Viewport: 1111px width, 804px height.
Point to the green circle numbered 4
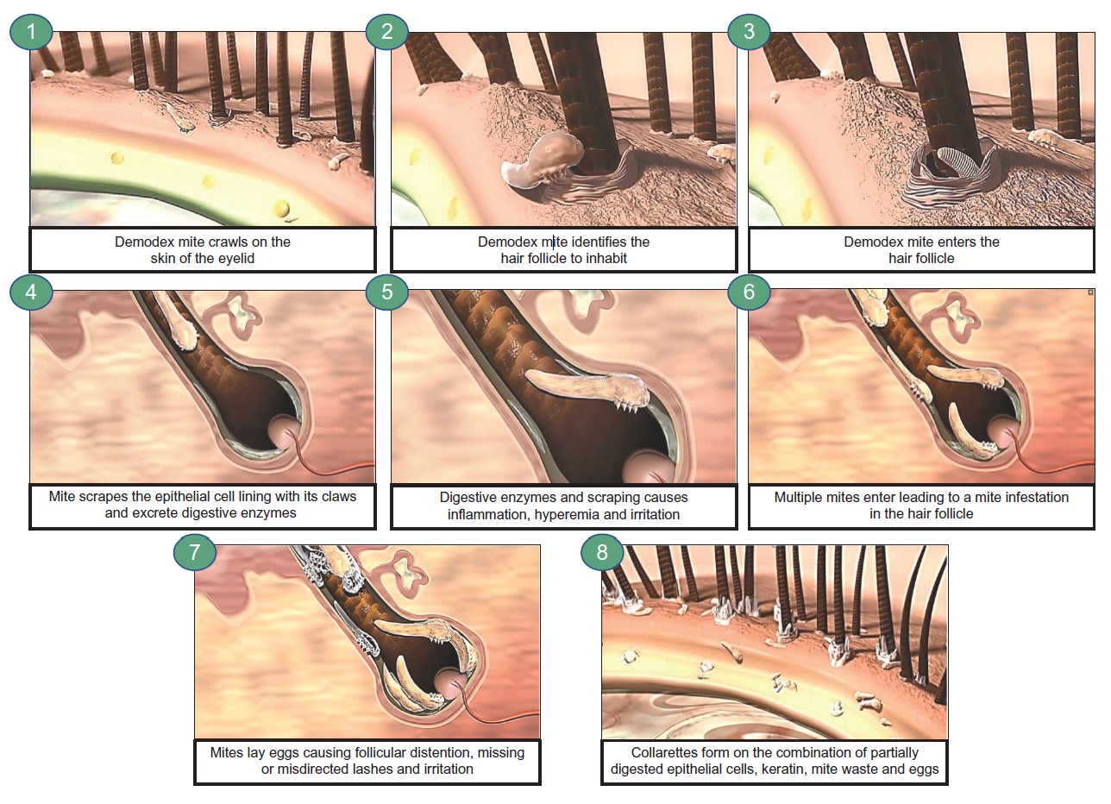pos(31,292)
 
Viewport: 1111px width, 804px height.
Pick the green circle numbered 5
pos(386,292)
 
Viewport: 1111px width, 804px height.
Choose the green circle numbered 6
pos(749,292)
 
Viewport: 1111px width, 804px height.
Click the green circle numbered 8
pos(602,551)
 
